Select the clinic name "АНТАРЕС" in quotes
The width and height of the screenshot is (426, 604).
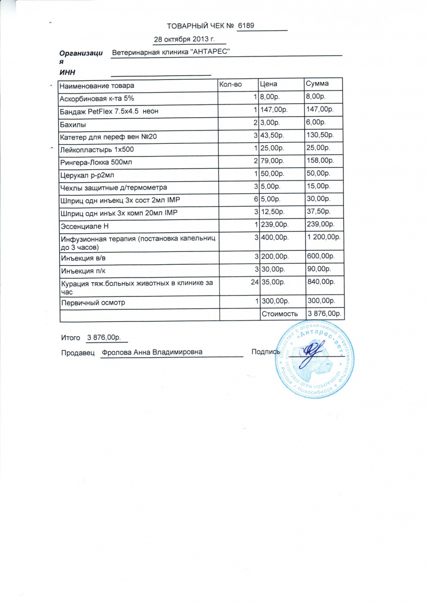[x=210, y=53]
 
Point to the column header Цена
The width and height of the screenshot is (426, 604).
[x=268, y=84]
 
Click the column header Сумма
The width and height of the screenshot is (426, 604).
[x=317, y=84]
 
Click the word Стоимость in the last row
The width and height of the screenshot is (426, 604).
[x=280, y=314]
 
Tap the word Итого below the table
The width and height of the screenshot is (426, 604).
[x=70, y=338]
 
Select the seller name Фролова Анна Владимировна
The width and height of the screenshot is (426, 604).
[x=152, y=352]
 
